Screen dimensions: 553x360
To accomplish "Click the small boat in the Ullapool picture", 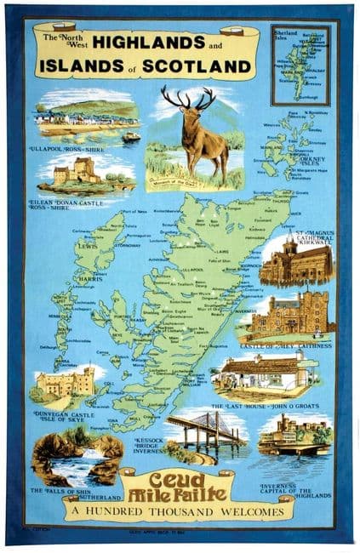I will pos(131,136).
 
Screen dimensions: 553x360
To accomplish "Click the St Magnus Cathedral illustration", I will pos(295,260).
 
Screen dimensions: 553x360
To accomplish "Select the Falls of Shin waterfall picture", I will pos(77,460).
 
